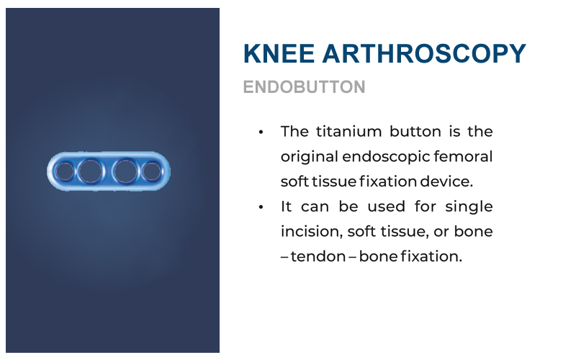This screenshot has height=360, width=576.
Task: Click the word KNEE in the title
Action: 279,53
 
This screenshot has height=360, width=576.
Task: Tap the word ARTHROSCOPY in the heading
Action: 424,53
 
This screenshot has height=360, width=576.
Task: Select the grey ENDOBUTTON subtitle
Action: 304,87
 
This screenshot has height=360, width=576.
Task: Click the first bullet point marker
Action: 261,132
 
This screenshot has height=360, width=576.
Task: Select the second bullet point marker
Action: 261,207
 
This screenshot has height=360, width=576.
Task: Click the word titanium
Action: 349,132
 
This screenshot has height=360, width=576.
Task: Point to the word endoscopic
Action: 386,157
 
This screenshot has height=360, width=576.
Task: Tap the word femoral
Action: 463,156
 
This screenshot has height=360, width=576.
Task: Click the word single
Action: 469,207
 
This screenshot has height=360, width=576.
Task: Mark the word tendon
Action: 318,256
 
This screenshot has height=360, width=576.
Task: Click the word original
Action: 310,157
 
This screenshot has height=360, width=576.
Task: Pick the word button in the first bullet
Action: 415,132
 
